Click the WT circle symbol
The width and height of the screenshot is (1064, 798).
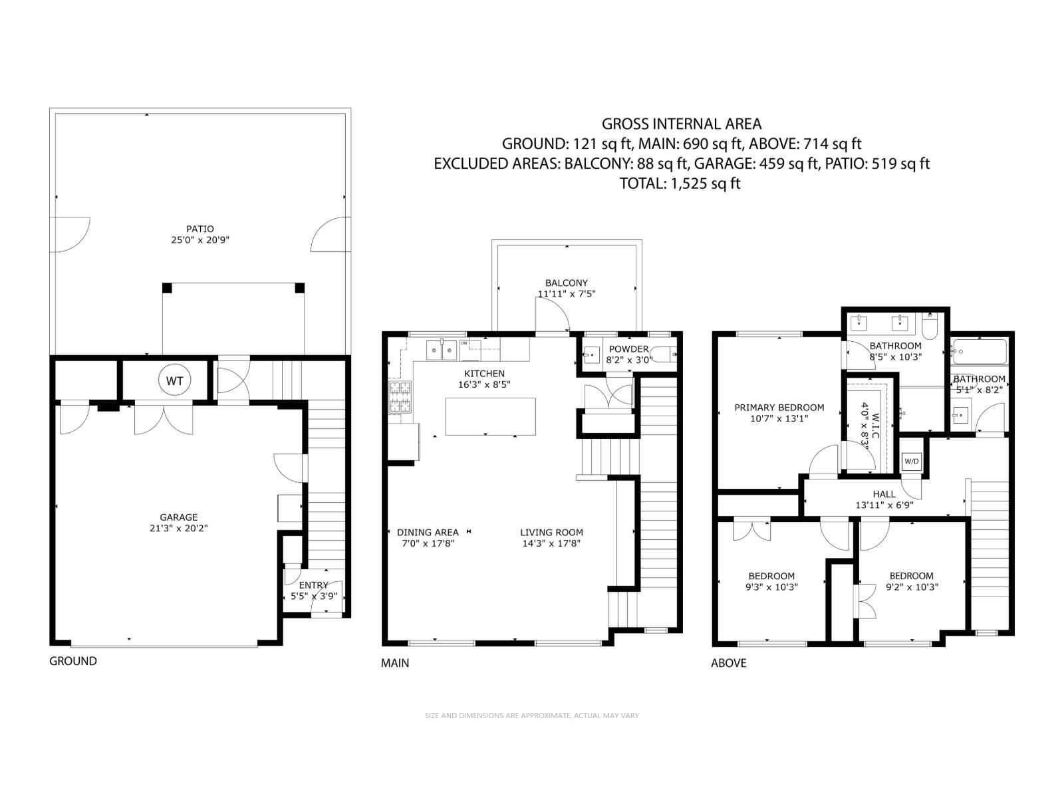(x=174, y=381)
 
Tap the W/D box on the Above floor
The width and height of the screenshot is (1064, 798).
(x=911, y=462)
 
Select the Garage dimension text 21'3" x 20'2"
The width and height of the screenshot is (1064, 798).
(x=178, y=529)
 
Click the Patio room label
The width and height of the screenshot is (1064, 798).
(x=200, y=229)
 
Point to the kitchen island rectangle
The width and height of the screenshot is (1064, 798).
(x=490, y=416)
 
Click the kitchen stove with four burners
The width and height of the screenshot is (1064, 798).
(x=400, y=397)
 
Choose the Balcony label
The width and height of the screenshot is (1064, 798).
(x=567, y=283)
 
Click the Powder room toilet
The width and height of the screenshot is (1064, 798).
(x=661, y=354)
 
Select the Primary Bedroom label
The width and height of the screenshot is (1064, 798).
(x=779, y=408)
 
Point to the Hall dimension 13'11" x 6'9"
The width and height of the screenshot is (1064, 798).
(x=884, y=505)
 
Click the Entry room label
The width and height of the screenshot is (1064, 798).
(x=313, y=585)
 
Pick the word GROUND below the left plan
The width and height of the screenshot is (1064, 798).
(x=73, y=661)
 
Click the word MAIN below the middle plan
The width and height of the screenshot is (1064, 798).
(x=395, y=663)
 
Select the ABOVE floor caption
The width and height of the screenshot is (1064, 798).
(x=729, y=663)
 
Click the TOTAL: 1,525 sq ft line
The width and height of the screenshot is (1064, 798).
(x=680, y=184)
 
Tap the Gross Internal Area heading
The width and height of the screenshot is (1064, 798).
(x=682, y=124)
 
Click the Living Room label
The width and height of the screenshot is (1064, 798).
(x=551, y=532)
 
